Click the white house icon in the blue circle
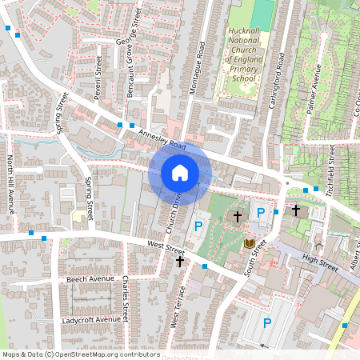(180, 172)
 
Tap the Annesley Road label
(162, 140)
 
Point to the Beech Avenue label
(87, 279)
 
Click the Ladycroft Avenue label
(91, 319)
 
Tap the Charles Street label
(126, 295)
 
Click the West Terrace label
(178, 307)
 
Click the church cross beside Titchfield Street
(295, 210)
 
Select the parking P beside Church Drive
(198, 226)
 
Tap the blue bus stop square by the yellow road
(345, 325)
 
